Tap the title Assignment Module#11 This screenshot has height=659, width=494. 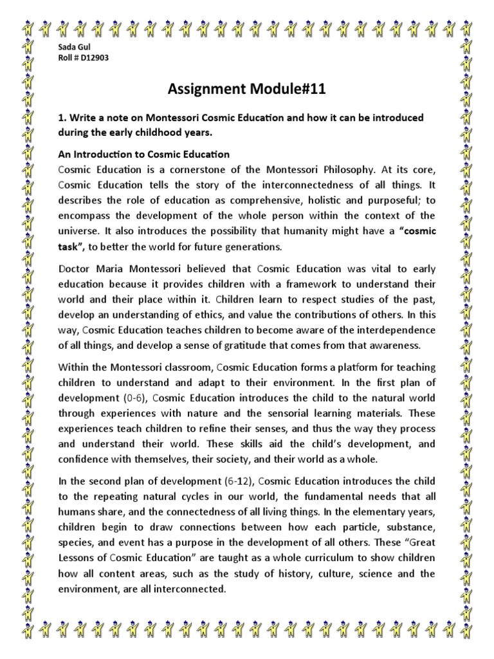[x=246, y=89]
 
